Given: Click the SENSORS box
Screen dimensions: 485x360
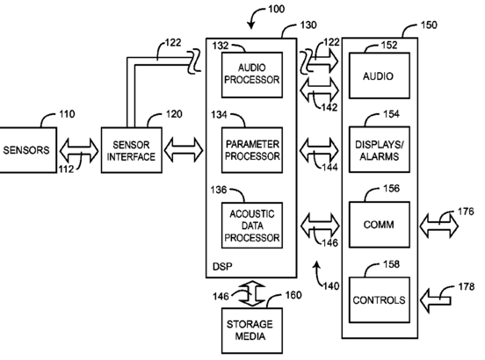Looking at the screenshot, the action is (28, 150).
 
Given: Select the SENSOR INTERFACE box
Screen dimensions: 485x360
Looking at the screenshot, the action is (132, 150).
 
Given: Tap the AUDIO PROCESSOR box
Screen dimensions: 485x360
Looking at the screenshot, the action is (252, 75).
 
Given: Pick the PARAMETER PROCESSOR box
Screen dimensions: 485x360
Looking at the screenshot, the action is (252, 150).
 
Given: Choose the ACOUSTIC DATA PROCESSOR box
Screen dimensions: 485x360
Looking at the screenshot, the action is (252, 226).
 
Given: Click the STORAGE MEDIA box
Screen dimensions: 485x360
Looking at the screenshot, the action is (252, 330).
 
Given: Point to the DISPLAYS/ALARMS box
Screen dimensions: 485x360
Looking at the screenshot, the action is (380, 149).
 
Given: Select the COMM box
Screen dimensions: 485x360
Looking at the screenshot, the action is (380, 225).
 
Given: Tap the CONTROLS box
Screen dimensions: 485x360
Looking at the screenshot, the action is (380, 300).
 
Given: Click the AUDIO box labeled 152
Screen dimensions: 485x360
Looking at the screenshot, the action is (380, 76).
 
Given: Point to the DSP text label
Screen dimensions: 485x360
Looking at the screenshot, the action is (222, 266).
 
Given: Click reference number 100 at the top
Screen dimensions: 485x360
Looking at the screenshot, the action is (276, 9).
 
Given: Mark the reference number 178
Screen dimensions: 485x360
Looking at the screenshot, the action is (467, 287).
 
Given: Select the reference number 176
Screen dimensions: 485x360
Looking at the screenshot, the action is (466, 212).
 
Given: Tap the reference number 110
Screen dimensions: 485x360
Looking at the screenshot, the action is (67, 114).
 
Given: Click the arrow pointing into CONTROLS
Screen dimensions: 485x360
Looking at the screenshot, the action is (436, 300).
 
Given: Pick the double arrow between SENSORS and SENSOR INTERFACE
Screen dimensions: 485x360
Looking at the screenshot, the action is (79, 150).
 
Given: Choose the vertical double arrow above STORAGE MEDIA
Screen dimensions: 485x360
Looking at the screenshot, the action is (252, 293).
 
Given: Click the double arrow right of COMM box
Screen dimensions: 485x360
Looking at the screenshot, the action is (439, 226).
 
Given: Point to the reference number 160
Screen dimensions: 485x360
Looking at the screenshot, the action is (293, 295).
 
